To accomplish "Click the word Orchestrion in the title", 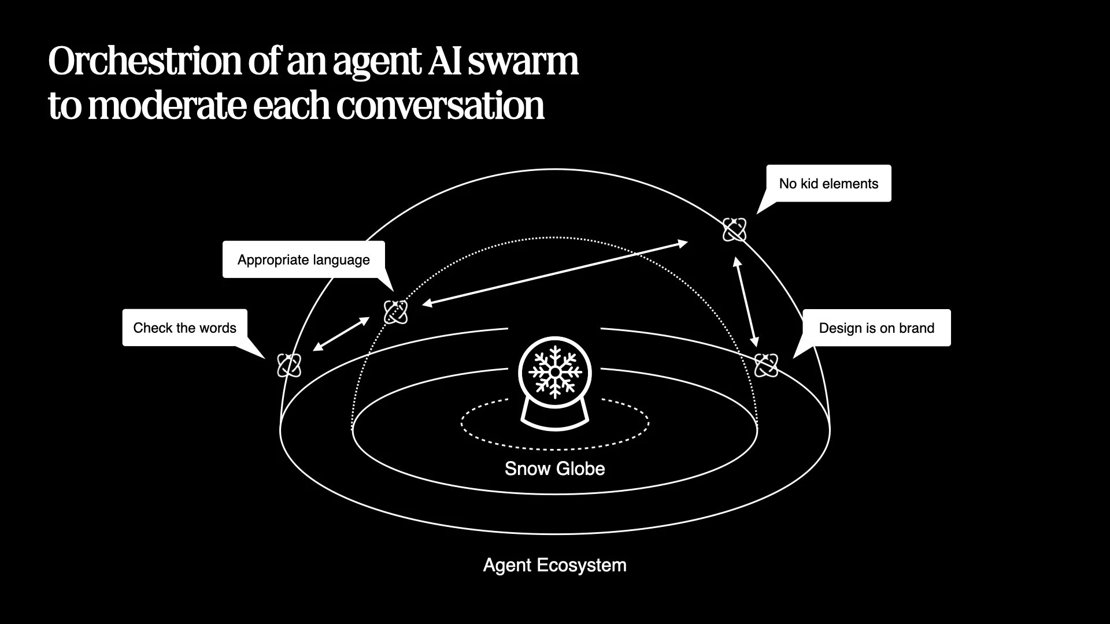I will coord(145,61).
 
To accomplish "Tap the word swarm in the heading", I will coord(523,61).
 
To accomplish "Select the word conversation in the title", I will coord(440,105).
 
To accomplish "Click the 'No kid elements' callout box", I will coord(828,184).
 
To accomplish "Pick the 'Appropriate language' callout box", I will coord(304,260).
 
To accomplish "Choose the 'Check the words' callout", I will coord(184,328).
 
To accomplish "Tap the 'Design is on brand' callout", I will coord(876,328).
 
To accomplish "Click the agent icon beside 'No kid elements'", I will coord(734,230).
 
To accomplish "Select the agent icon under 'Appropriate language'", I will coord(396,312).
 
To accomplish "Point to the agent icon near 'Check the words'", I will coord(289,365).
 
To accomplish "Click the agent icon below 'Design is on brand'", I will coord(766,365).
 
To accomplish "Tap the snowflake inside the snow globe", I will coord(554,372).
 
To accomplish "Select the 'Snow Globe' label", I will coord(554,469).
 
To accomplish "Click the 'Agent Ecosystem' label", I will coord(554,565).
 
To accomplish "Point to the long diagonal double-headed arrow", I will coord(555,273).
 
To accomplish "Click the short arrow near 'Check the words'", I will coord(341,334).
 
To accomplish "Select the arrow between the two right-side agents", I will coord(746,302).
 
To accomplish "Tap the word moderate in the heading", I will coord(168,105).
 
